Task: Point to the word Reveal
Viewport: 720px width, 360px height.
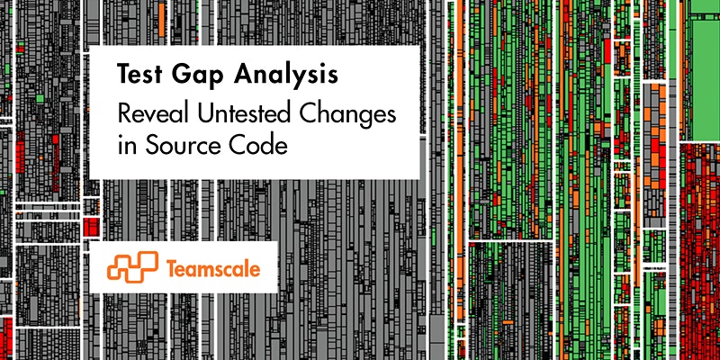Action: (x=153, y=113)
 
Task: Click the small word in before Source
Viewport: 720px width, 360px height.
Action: (x=124, y=146)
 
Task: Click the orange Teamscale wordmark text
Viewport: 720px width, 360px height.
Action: (x=213, y=268)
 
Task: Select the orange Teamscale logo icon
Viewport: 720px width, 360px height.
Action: (x=132, y=266)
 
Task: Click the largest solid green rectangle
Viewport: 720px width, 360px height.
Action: (x=706, y=80)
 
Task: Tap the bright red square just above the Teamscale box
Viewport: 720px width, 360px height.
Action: (x=92, y=227)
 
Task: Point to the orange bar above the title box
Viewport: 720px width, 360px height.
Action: (x=161, y=16)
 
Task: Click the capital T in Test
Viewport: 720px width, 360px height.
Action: (x=123, y=75)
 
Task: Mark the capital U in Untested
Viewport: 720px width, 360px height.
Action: (x=204, y=114)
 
